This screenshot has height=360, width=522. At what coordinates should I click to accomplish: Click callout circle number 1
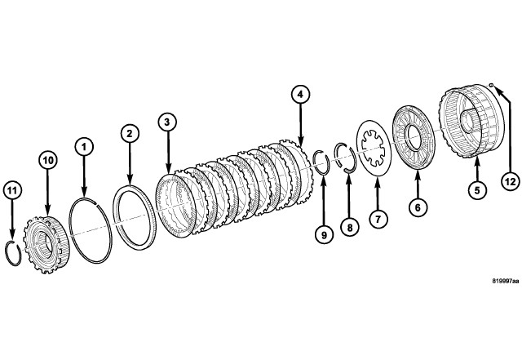click(82, 146)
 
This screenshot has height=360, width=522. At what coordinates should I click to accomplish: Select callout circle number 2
click(128, 131)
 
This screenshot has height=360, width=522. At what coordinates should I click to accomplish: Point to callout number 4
click(301, 96)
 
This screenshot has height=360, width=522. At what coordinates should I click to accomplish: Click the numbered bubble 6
click(416, 208)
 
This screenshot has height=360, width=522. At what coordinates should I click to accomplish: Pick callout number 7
click(377, 218)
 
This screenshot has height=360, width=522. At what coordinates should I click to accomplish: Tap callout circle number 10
click(47, 162)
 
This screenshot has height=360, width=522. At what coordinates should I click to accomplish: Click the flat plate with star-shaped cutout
click(376, 146)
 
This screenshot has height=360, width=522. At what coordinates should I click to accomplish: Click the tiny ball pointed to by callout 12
click(492, 85)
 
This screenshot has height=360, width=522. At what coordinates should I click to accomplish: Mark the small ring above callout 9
click(321, 160)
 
